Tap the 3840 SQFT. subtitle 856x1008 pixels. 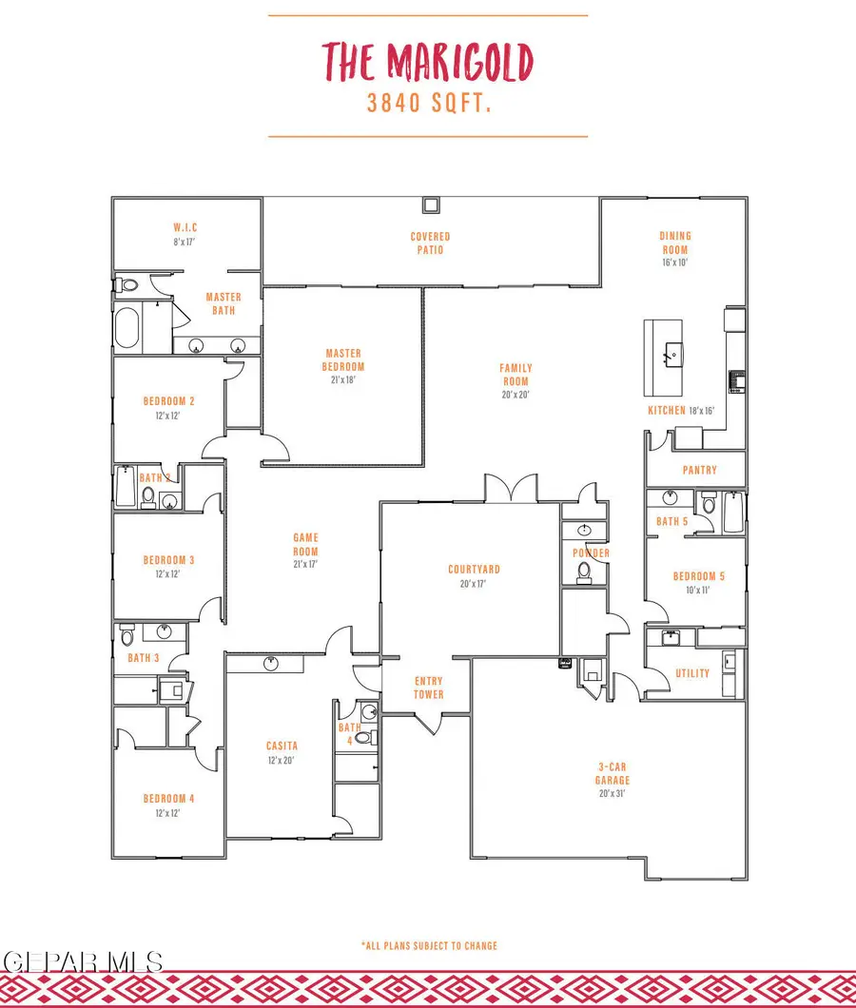pos(429,104)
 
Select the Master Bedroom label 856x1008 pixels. pos(343,359)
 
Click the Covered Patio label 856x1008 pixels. pos(430,243)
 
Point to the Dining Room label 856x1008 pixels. pos(675,242)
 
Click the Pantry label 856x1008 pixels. pos(699,470)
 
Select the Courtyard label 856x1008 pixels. pos(474,570)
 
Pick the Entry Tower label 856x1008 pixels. pos(429,687)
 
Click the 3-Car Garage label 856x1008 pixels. pos(613,774)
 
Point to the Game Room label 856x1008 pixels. pos(305,545)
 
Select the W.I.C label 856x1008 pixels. pos(185,228)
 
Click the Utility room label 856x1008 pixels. pos(691,673)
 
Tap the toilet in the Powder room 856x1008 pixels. pos(583,571)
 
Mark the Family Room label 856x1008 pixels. pos(516,374)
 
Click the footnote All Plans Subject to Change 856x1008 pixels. pos(429,945)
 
